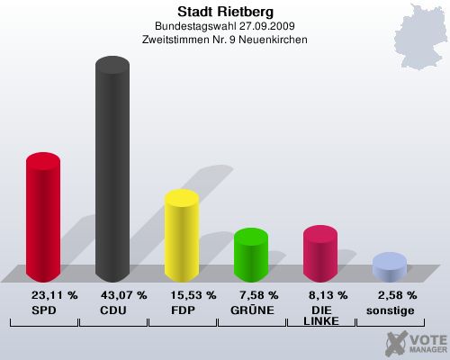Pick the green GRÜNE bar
pos(251,256)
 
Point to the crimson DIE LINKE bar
pos(320,255)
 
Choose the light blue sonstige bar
pos(389,267)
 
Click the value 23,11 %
pos(54,295)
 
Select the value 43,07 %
pos(123,295)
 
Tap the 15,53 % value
pos(193,295)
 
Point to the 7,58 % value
pos(258,295)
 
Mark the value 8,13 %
pos(328,295)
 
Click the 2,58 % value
pos(397,295)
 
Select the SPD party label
pos(43,310)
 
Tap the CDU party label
pos(112,310)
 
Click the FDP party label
pos(181,310)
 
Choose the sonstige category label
pos(390,310)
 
